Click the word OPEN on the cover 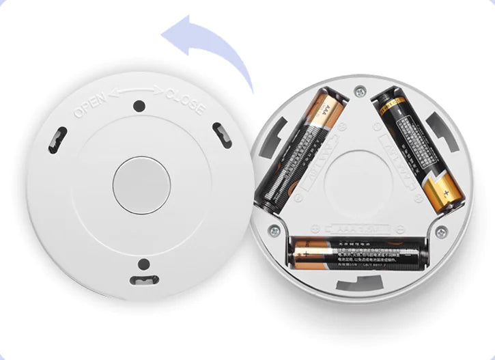click(x=90, y=105)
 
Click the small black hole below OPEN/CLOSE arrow click(x=139, y=107)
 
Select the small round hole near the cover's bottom click(x=143, y=264)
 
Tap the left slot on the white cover click(x=57, y=140)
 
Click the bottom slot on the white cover click(x=143, y=279)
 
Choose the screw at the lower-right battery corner click(x=441, y=230)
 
